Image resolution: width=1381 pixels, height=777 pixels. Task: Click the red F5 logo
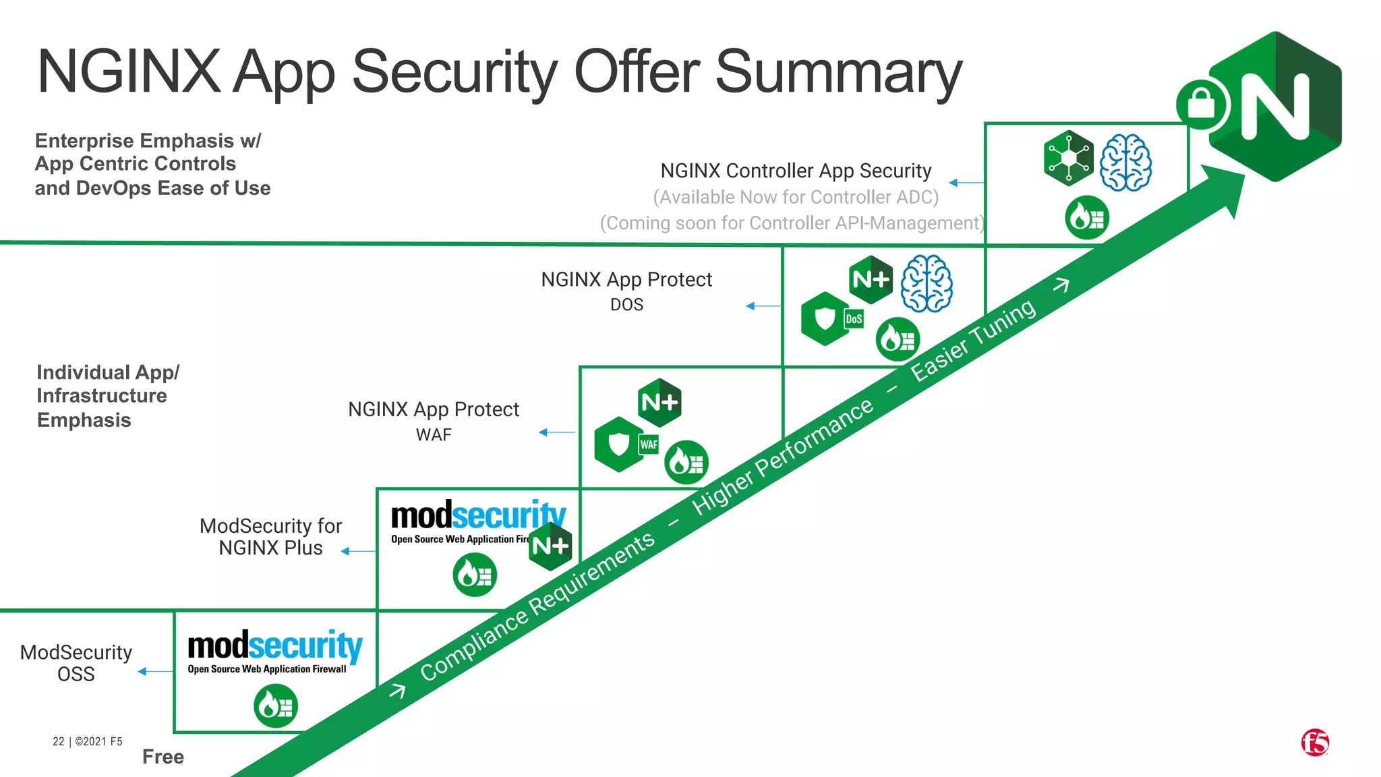[x=1314, y=743]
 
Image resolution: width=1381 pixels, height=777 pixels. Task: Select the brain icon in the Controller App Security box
[x=1125, y=163]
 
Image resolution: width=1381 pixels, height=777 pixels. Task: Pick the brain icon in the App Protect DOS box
[x=927, y=283]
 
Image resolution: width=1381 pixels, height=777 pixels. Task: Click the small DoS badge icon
[x=854, y=319]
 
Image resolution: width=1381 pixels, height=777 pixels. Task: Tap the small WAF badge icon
[x=649, y=444]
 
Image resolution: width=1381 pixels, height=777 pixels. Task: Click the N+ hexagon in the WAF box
[x=659, y=403]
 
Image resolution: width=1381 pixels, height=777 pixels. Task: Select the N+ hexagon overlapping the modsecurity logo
[x=550, y=545]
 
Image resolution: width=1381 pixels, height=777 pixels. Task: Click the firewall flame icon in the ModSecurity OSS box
[x=276, y=706]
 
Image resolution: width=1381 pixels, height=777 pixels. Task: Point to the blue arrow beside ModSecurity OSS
[x=155, y=671]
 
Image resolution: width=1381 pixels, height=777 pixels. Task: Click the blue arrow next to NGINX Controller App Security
[x=966, y=182]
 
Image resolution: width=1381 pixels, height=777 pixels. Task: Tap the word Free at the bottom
[x=163, y=757]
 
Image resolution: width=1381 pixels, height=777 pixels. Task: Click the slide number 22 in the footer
[x=59, y=741]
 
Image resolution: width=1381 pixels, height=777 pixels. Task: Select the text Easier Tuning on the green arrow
[x=972, y=340]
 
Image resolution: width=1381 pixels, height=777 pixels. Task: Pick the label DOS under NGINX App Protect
[x=626, y=305]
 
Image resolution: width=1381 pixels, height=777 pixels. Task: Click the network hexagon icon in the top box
[x=1068, y=159]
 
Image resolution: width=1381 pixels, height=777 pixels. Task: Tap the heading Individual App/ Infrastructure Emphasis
[x=108, y=396]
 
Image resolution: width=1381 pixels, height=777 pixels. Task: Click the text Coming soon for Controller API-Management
[x=792, y=223]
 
